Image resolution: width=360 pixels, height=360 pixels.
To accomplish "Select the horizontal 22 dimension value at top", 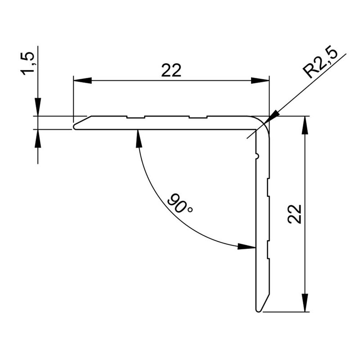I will coord(171,71).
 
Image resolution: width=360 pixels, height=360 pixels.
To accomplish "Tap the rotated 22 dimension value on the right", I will coord(294,214).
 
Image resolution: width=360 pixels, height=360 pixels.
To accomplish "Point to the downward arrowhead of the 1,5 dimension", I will coord(38,108).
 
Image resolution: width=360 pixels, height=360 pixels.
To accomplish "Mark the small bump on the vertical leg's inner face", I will coord(257,156).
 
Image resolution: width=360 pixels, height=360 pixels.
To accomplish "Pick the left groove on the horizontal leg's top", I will coord(136,118).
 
